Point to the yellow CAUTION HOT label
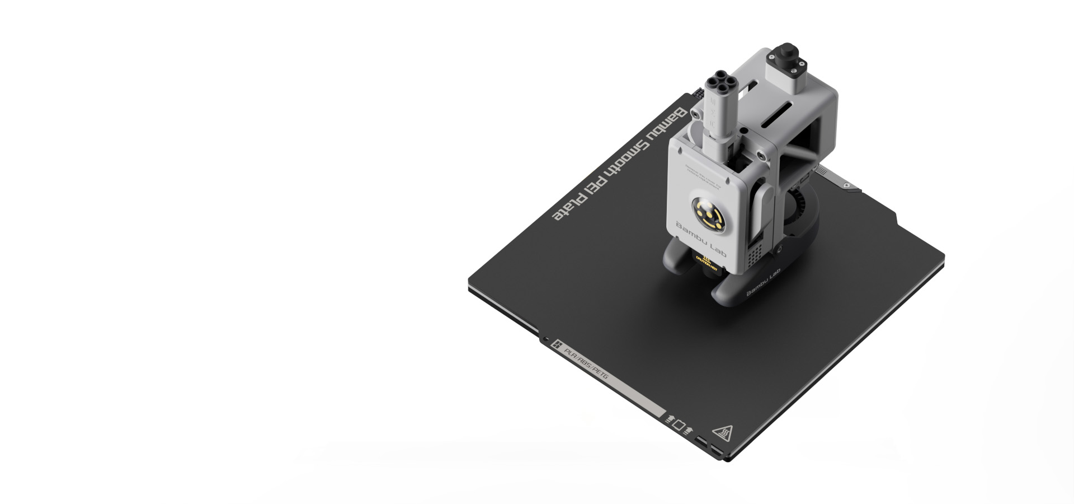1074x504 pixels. coord(706,260)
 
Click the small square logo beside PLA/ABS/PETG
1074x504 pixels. coord(557,346)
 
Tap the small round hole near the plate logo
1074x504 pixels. coord(545,339)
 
